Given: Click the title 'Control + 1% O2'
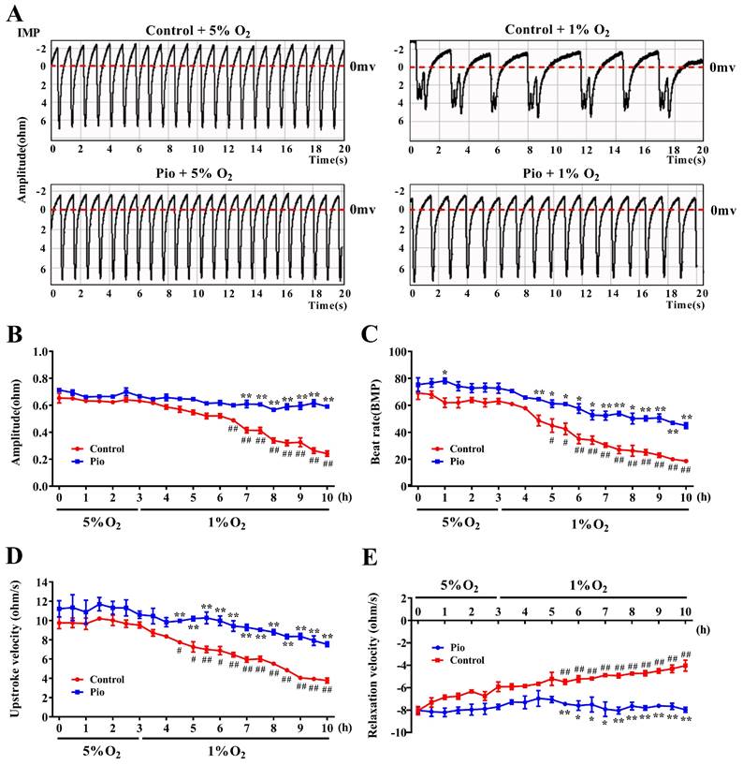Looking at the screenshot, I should coord(556,31).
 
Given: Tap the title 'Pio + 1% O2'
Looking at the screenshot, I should coord(556,176).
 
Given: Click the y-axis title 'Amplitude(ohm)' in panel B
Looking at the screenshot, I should coord(14,419).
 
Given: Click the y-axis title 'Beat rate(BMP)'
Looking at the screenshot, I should coord(375,419).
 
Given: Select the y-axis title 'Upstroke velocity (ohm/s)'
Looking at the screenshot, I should coord(14,657).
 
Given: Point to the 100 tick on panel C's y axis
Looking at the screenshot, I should coord(397,352).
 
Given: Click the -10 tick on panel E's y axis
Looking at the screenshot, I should coord(398,732).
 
